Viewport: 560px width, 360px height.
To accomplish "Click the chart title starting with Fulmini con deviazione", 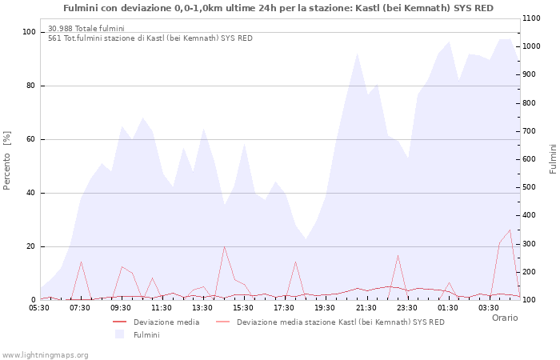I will [278, 8].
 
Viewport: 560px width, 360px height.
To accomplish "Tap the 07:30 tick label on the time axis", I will [80, 307].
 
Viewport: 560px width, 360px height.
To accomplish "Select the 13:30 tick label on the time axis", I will [202, 307].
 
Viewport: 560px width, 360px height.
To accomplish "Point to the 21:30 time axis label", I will [366, 307].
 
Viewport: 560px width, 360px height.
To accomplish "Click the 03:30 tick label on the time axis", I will [488, 307].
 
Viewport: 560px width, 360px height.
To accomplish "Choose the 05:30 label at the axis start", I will [39, 307].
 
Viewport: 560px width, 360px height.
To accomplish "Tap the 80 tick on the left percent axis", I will [30, 86].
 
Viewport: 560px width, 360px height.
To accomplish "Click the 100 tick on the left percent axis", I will [29, 32].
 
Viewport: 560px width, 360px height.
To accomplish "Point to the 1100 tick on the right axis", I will [534, 18].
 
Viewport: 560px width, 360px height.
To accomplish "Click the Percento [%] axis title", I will [8, 160].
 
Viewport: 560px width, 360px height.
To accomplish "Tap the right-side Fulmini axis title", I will [553, 159].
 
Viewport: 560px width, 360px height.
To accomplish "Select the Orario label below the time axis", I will [504, 318].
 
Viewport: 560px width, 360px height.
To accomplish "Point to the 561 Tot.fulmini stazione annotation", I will [150, 38].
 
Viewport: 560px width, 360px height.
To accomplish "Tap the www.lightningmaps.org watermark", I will [45, 354].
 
